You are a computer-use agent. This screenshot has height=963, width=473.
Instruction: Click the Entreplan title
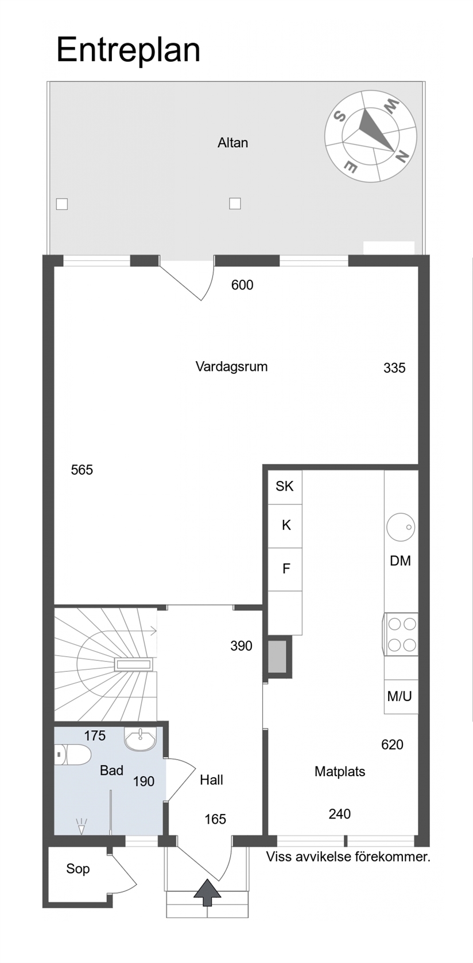[128, 51]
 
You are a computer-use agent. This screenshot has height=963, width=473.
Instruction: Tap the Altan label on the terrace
[233, 143]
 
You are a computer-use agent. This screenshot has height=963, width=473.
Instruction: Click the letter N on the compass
[402, 156]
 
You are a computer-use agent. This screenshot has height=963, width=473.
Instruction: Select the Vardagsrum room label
[231, 367]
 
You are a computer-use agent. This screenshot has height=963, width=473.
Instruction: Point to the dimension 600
[242, 285]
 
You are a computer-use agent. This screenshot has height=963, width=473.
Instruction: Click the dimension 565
[82, 470]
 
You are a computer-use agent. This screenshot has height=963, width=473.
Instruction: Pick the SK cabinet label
[285, 486]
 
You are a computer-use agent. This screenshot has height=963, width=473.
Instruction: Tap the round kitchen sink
[401, 527]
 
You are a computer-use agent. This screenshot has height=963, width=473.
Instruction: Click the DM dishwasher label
[400, 561]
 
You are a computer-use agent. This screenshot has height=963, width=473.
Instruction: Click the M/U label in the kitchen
[400, 696]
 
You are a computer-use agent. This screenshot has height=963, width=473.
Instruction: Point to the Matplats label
[340, 772]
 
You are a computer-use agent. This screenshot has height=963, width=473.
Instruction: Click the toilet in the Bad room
[73, 755]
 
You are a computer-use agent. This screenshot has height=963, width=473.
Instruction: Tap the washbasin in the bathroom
[140, 738]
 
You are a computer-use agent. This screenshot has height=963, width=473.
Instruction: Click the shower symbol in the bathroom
[82, 827]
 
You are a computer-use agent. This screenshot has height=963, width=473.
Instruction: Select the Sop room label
[78, 868]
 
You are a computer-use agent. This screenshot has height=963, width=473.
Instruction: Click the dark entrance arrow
[207, 892]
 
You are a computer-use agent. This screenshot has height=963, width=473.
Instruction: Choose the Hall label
[211, 780]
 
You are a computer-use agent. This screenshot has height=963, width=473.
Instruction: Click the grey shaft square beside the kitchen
[278, 656]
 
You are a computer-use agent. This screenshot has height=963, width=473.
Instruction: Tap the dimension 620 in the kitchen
[393, 744]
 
